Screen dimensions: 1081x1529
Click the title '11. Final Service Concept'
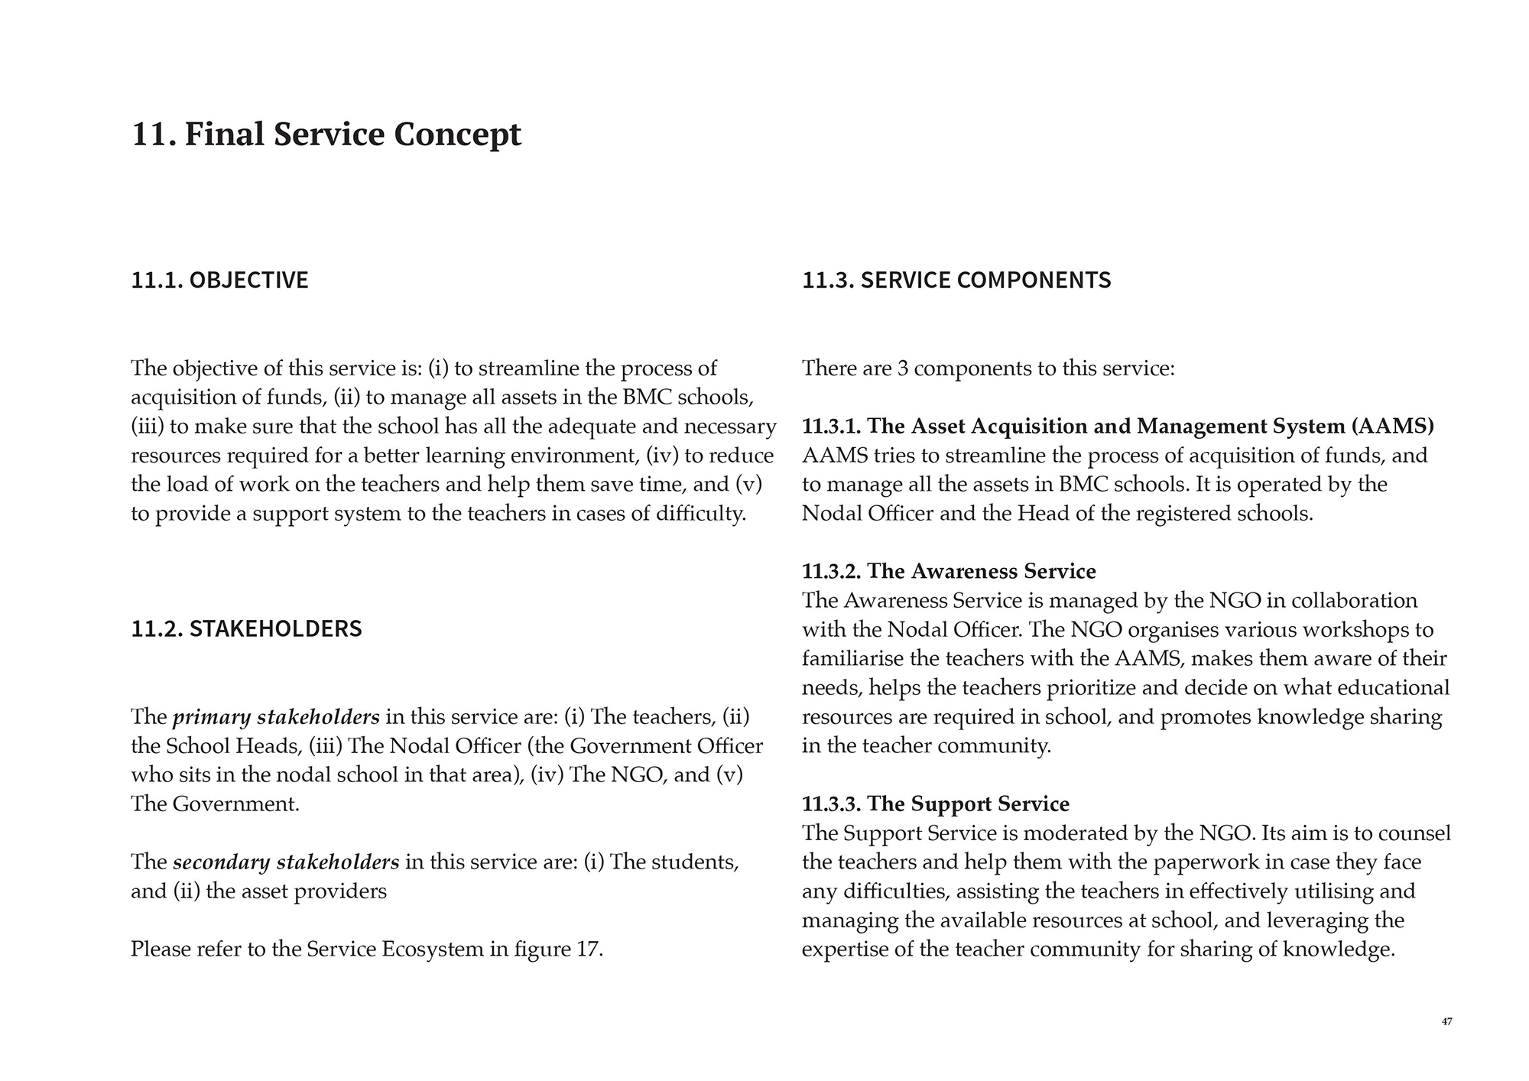326,135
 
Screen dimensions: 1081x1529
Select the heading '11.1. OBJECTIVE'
219,281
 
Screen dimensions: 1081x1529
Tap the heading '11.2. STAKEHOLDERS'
246,629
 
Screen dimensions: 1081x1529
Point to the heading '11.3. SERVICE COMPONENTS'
956,281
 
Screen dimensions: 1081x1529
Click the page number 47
1446,1022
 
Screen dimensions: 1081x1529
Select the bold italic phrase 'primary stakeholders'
276,717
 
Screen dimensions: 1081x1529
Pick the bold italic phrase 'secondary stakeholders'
286,862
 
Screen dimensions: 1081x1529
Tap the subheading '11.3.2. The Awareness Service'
949,572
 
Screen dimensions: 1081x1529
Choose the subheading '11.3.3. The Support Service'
935,804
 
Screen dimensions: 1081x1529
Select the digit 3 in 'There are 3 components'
902,369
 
